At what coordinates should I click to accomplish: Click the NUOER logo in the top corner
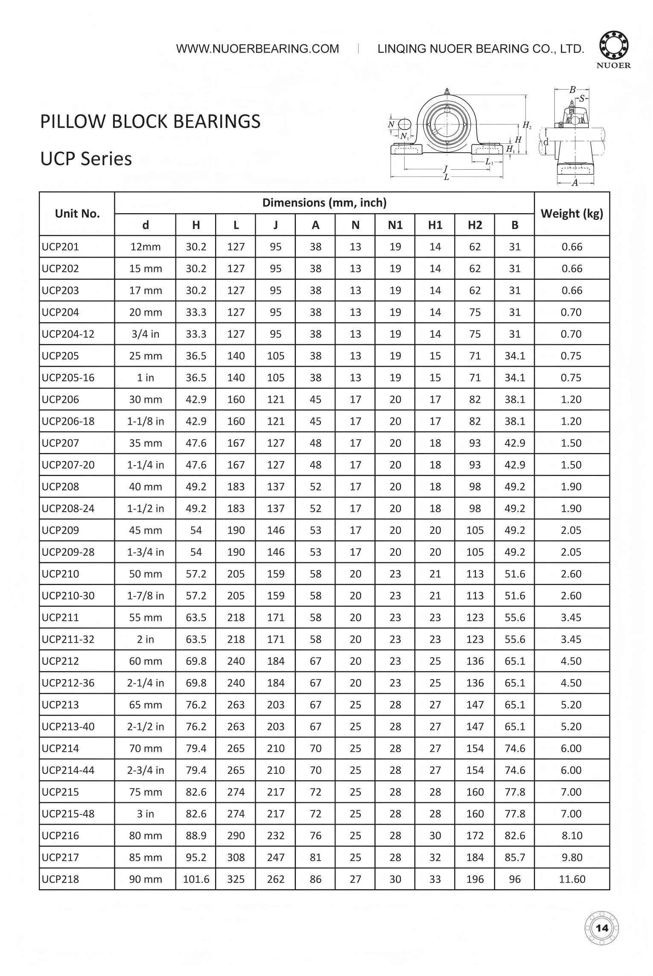(x=615, y=49)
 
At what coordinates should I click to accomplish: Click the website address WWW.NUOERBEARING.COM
(x=257, y=49)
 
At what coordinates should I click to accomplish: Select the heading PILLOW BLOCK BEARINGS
(x=150, y=122)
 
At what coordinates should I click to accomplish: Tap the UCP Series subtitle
(x=86, y=159)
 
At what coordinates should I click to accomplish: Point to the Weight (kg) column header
(x=571, y=214)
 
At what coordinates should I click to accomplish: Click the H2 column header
(x=475, y=225)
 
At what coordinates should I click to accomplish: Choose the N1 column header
(x=395, y=225)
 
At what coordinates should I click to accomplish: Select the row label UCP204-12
(x=68, y=334)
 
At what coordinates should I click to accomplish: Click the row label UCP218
(x=60, y=879)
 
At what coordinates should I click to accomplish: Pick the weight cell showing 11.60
(x=571, y=879)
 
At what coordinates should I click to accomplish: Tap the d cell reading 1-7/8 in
(x=146, y=596)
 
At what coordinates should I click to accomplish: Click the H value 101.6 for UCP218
(x=196, y=879)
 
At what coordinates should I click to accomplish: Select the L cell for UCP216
(x=236, y=836)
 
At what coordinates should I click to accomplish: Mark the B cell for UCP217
(x=514, y=857)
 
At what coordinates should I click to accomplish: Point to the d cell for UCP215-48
(x=146, y=814)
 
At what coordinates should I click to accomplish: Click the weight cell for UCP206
(x=571, y=400)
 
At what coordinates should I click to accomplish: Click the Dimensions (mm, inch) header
(x=324, y=203)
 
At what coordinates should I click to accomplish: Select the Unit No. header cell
(x=77, y=214)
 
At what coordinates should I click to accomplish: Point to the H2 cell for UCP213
(x=475, y=705)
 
